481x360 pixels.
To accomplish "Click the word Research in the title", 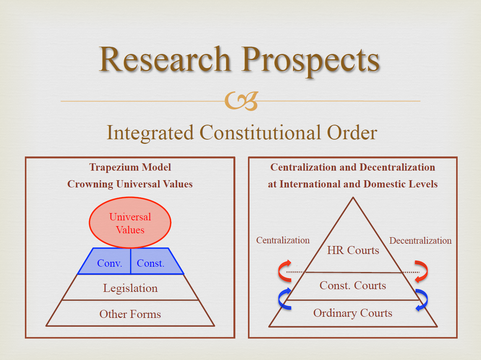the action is pos(165,59).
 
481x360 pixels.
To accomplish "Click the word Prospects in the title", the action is pos(310,61).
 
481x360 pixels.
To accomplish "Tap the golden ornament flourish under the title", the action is pos(241,101).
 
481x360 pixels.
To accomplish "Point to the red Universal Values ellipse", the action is pos(130,223).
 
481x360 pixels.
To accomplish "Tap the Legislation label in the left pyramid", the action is pos(130,288).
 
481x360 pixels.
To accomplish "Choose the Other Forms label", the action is pos(130,314).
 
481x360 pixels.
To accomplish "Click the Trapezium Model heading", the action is pos(130,168).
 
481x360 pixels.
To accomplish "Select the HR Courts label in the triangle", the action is pos(353,250).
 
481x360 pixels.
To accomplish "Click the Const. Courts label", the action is pos(353,285).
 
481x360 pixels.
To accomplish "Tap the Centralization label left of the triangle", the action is pos(283,240).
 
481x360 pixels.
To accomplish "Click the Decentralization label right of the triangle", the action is pos(420,241).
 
